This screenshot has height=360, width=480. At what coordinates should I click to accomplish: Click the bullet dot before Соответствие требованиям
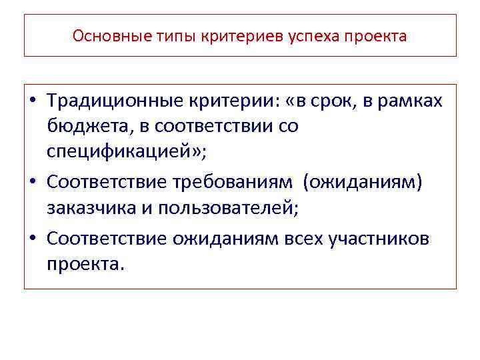33,183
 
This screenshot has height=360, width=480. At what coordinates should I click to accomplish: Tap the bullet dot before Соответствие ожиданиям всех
33,238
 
